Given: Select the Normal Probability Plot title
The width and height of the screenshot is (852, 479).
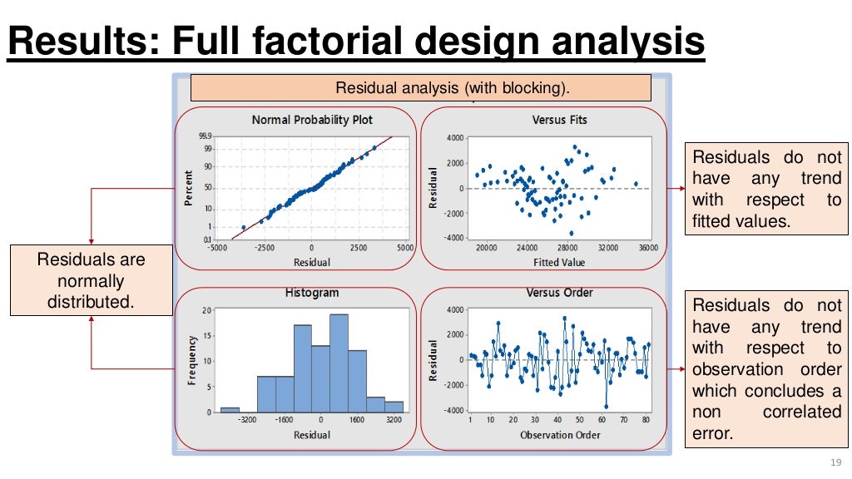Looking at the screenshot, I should (312, 121).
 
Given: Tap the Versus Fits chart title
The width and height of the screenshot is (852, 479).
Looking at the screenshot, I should (559, 121).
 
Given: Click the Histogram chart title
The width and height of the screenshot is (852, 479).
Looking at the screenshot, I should (312, 294).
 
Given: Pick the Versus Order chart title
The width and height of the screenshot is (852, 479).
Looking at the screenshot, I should (559, 294).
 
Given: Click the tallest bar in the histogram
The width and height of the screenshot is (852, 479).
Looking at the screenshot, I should (339, 363).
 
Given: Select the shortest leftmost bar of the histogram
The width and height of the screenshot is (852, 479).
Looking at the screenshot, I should (230, 409).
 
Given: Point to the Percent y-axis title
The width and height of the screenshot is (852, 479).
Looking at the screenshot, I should (188, 189).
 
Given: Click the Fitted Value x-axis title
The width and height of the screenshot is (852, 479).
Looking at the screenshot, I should (559, 263).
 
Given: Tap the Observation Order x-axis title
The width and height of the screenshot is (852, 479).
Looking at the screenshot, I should (559, 435).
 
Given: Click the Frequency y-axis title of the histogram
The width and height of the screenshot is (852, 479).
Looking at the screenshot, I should (192, 360).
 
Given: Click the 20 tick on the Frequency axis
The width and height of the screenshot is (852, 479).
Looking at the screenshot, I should (207, 310).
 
